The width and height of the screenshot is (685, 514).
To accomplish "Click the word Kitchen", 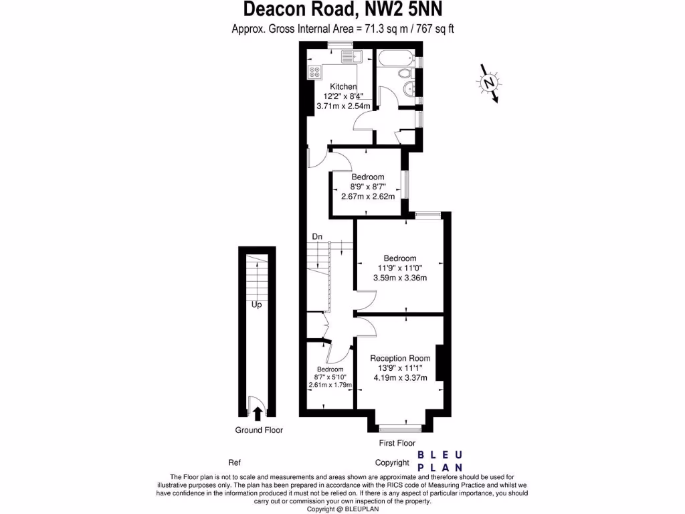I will coord(344,86).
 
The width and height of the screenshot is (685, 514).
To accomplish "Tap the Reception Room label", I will coord(400,358).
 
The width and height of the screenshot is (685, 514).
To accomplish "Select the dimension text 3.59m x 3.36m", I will coord(400,278).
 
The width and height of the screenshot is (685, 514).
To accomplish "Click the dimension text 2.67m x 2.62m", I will coord(367,197).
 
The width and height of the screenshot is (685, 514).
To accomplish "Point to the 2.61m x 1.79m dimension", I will coord(330,385).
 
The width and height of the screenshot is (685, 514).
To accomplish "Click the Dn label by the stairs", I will coord(318,237).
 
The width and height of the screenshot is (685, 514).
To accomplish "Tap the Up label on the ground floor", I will coord(256,305).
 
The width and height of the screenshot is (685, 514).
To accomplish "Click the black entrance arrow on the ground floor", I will coord(257,414).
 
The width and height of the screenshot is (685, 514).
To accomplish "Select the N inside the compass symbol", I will coord(490,83).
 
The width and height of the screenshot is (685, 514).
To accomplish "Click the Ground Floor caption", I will coord(258,430).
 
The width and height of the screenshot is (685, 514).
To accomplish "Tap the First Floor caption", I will coord(397,443).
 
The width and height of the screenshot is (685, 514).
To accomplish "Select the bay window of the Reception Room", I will coord(400,426).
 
